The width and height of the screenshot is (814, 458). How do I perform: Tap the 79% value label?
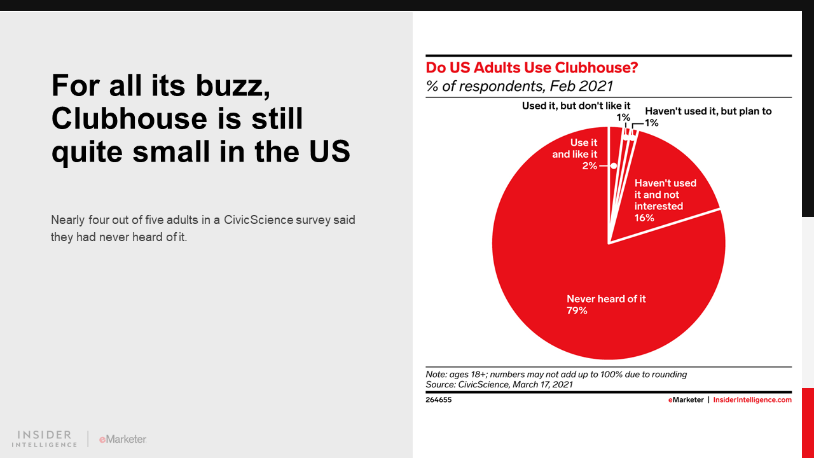click(x=577, y=311)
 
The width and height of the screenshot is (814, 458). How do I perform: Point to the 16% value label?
click(x=644, y=218)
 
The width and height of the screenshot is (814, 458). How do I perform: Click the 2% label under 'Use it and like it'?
click(x=589, y=165)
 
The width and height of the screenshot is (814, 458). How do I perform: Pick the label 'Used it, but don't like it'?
click(x=576, y=106)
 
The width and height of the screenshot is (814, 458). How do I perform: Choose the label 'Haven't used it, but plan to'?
click(x=708, y=111)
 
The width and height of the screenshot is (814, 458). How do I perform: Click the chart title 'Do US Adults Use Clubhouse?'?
click(x=532, y=67)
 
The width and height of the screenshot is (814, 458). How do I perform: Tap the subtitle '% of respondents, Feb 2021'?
click(x=520, y=86)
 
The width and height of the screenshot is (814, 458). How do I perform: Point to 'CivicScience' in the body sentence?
click(x=255, y=220)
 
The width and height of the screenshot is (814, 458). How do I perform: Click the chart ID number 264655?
click(x=439, y=400)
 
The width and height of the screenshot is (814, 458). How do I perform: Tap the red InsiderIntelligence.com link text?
click(x=752, y=400)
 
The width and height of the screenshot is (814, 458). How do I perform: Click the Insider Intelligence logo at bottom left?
click(x=45, y=438)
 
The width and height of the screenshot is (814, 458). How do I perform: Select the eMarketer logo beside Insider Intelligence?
click(x=123, y=439)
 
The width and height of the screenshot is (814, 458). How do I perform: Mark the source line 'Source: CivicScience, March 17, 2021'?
click(x=499, y=385)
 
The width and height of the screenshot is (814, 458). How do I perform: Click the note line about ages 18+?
click(x=556, y=375)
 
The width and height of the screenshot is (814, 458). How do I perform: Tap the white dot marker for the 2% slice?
click(x=614, y=165)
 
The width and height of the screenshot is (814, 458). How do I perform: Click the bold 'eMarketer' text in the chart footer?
click(x=686, y=400)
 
